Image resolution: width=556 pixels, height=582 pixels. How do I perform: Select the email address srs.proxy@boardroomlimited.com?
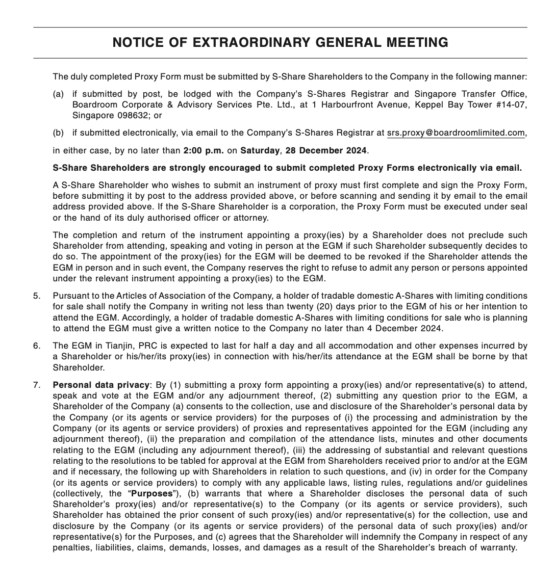click(x=456, y=133)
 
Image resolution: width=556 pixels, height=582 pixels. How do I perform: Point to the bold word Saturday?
click(x=260, y=150)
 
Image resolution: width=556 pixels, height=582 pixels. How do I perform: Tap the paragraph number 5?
click(x=36, y=296)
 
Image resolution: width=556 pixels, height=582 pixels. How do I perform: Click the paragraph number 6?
click(x=36, y=346)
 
